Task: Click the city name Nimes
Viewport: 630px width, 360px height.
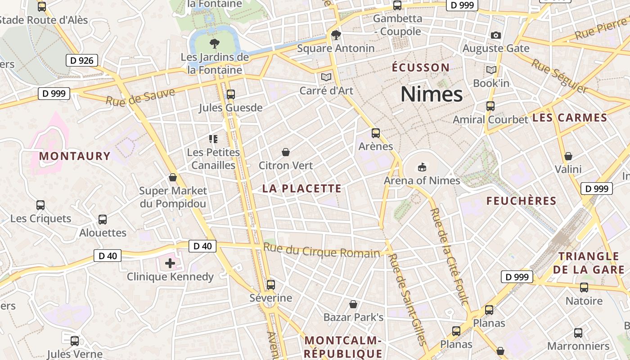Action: (432, 94)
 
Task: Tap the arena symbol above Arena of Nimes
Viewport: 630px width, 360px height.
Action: (422, 167)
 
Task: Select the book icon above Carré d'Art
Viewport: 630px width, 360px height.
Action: (326, 77)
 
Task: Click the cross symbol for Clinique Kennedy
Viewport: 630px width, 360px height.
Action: (170, 263)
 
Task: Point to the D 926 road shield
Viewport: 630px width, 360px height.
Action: (82, 60)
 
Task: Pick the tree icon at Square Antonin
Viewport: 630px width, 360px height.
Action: (336, 35)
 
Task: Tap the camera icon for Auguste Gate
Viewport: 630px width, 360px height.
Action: (496, 35)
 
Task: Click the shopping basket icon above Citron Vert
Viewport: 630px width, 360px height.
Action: (285, 152)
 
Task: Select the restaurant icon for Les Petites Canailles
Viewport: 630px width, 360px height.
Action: (213, 139)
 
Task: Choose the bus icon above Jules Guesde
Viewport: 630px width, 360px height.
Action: (231, 94)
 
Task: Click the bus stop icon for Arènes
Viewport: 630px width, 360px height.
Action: (376, 133)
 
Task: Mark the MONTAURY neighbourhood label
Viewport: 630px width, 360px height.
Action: (75, 156)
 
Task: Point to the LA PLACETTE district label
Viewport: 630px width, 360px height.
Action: (302, 189)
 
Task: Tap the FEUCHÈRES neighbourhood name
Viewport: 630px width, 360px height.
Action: (521, 201)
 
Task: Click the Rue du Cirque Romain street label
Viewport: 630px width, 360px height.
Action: (321, 251)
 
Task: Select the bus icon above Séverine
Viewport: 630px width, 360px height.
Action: (270, 284)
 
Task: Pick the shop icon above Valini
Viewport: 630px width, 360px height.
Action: (568, 156)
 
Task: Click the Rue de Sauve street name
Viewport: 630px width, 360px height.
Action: (140, 97)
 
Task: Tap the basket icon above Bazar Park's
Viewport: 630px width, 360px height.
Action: (353, 304)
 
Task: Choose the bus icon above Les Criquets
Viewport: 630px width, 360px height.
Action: (40, 205)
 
